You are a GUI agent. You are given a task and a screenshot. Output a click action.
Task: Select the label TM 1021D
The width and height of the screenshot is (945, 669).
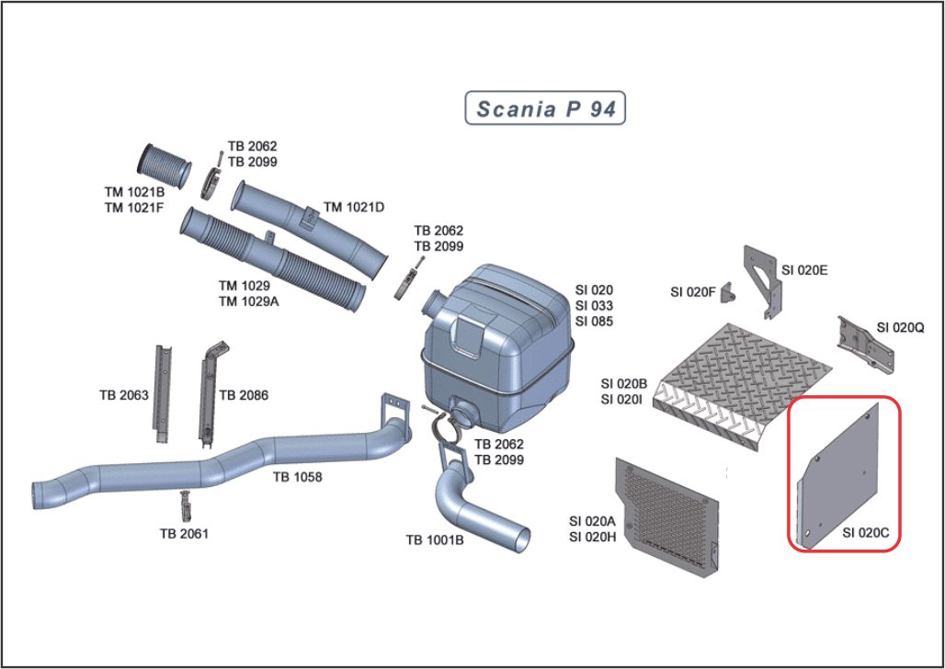pos(354,208)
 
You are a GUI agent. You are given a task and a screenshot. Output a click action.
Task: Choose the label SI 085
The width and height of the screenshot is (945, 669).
pos(594,322)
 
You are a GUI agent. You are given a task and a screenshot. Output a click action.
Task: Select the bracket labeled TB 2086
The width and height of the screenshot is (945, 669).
pos(207,391)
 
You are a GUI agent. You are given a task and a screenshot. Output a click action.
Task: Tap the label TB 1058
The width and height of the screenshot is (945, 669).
pos(295,477)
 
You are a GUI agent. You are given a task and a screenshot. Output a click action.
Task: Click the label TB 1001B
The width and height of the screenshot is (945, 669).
pos(435,540)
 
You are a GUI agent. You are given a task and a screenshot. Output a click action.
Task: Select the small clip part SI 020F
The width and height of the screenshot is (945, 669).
pos(728,292)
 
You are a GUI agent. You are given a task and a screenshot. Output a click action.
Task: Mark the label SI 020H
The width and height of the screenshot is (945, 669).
pos(593,537)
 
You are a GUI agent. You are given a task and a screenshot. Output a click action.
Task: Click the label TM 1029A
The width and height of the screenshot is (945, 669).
pos(248,300)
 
